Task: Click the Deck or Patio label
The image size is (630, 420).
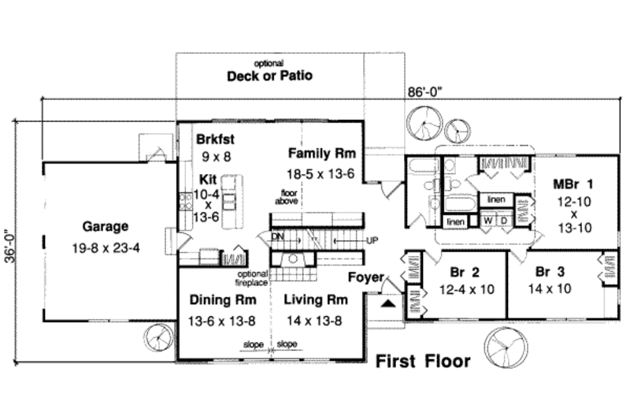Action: pyautogui.click(x=270, y=76)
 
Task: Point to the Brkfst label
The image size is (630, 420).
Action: pyautogui.click(x=215, y=139)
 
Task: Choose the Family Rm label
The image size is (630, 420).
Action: pyautogui.click(x=322, y=152)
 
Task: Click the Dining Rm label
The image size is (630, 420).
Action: pyautogui.click(x=220, y=299)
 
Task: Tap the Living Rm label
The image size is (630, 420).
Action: pyautogui.click(x=316, y=299)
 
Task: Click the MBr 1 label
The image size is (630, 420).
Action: pyautogui.click(x=573, y=184)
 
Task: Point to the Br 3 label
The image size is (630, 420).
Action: pyautogui.click(x=552, y=272)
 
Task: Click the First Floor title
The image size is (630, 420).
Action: pyautogui.click(x=422, y=362)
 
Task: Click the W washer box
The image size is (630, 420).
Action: pyautogui.click(x=488, y=220)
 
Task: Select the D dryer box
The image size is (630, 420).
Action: pyautogui.click(x=504, y=220)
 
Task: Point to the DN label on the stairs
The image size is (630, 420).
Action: pyautogui.click(x=276, y=236)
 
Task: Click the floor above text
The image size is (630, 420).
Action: pyautogui.click(x=285, y=197)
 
